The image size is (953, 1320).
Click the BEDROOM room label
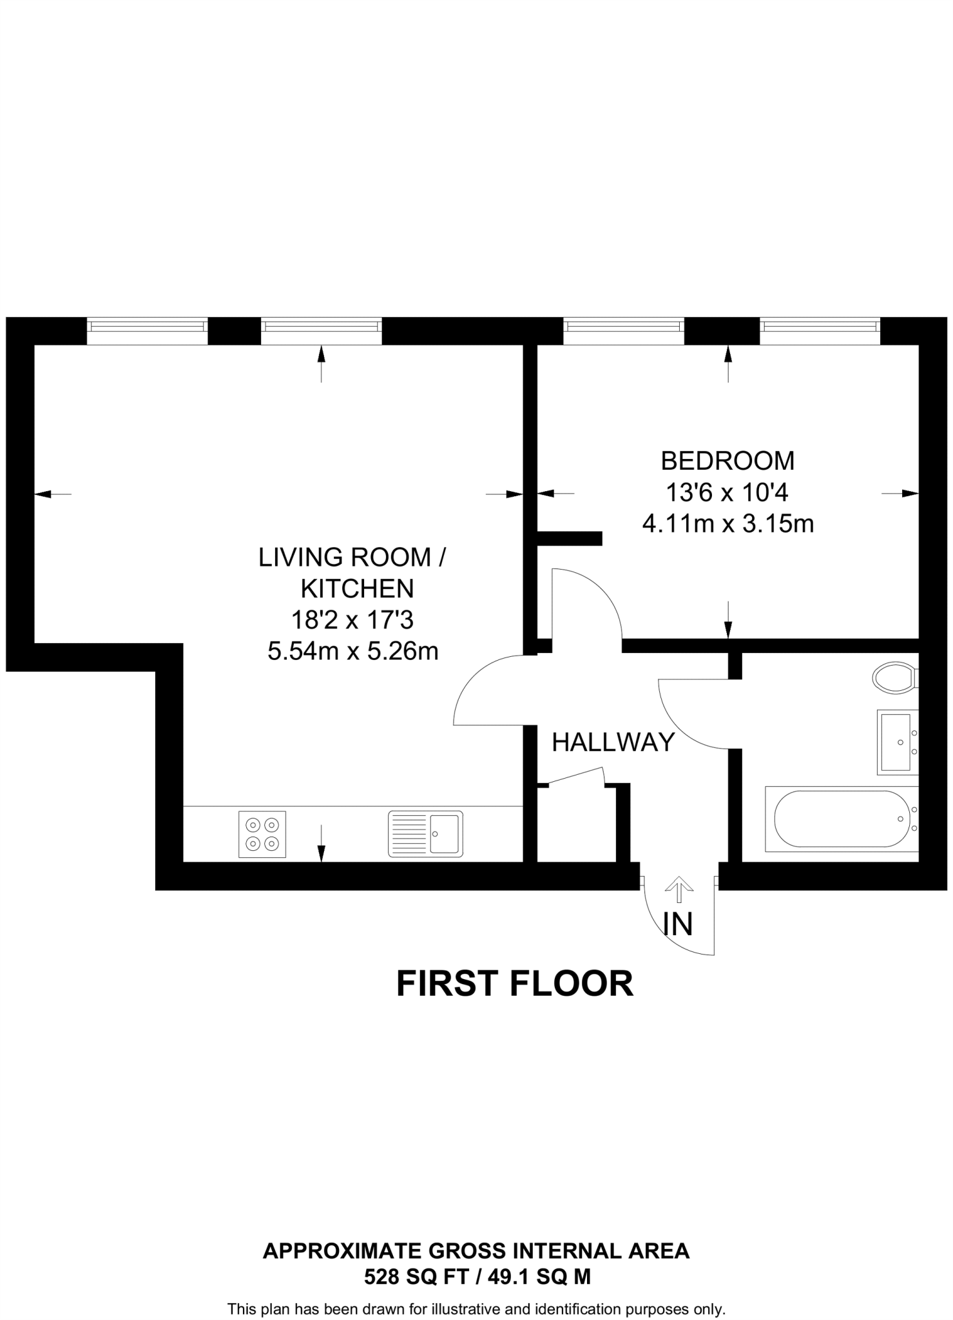click(727, 461)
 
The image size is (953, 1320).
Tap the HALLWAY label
click(613, 742)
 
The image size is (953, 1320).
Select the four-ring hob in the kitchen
click(262, 834)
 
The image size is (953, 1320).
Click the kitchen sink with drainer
click(425, 834)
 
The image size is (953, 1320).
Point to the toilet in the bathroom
click(895, 678)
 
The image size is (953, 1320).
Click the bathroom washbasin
click(898, 741)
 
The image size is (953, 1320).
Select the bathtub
click(841, 819)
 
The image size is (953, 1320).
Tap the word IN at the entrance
click(678, 924)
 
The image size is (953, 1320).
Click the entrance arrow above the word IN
click(678, 889)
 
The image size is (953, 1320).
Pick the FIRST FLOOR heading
click(515, 984)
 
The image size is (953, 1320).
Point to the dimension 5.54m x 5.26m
click(353, 652)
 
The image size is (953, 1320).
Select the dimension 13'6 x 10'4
click(727, 493)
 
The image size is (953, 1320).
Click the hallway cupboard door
click(575, 776)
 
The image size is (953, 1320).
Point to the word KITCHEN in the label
click(357, 588)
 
